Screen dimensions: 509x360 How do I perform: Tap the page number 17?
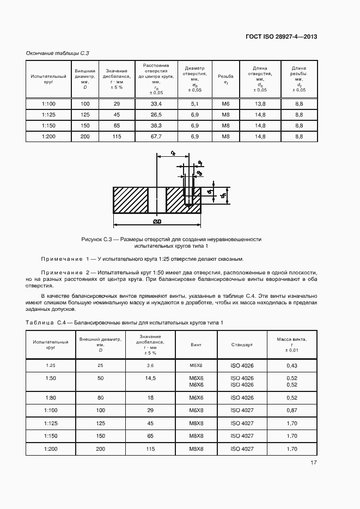[x=314, y=463]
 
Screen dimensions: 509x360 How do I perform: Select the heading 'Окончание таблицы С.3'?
[x=58, y=53]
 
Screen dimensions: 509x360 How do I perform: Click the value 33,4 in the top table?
[x=156, y=103]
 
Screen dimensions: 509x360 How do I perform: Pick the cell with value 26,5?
[x=156, y=114]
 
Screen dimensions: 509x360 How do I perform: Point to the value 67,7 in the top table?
[x=156, y=136]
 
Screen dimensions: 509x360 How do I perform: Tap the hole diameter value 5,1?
[x=194, y=103]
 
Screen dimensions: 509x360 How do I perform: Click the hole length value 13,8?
[x=260, y=103]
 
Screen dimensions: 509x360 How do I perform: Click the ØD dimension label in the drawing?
[x=157, y=222]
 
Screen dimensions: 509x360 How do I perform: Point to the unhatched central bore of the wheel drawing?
[x=157, y=200]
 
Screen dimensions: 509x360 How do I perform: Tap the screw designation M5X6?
[x=196, y=365]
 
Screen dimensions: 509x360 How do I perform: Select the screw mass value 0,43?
[x=291, y=365]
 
